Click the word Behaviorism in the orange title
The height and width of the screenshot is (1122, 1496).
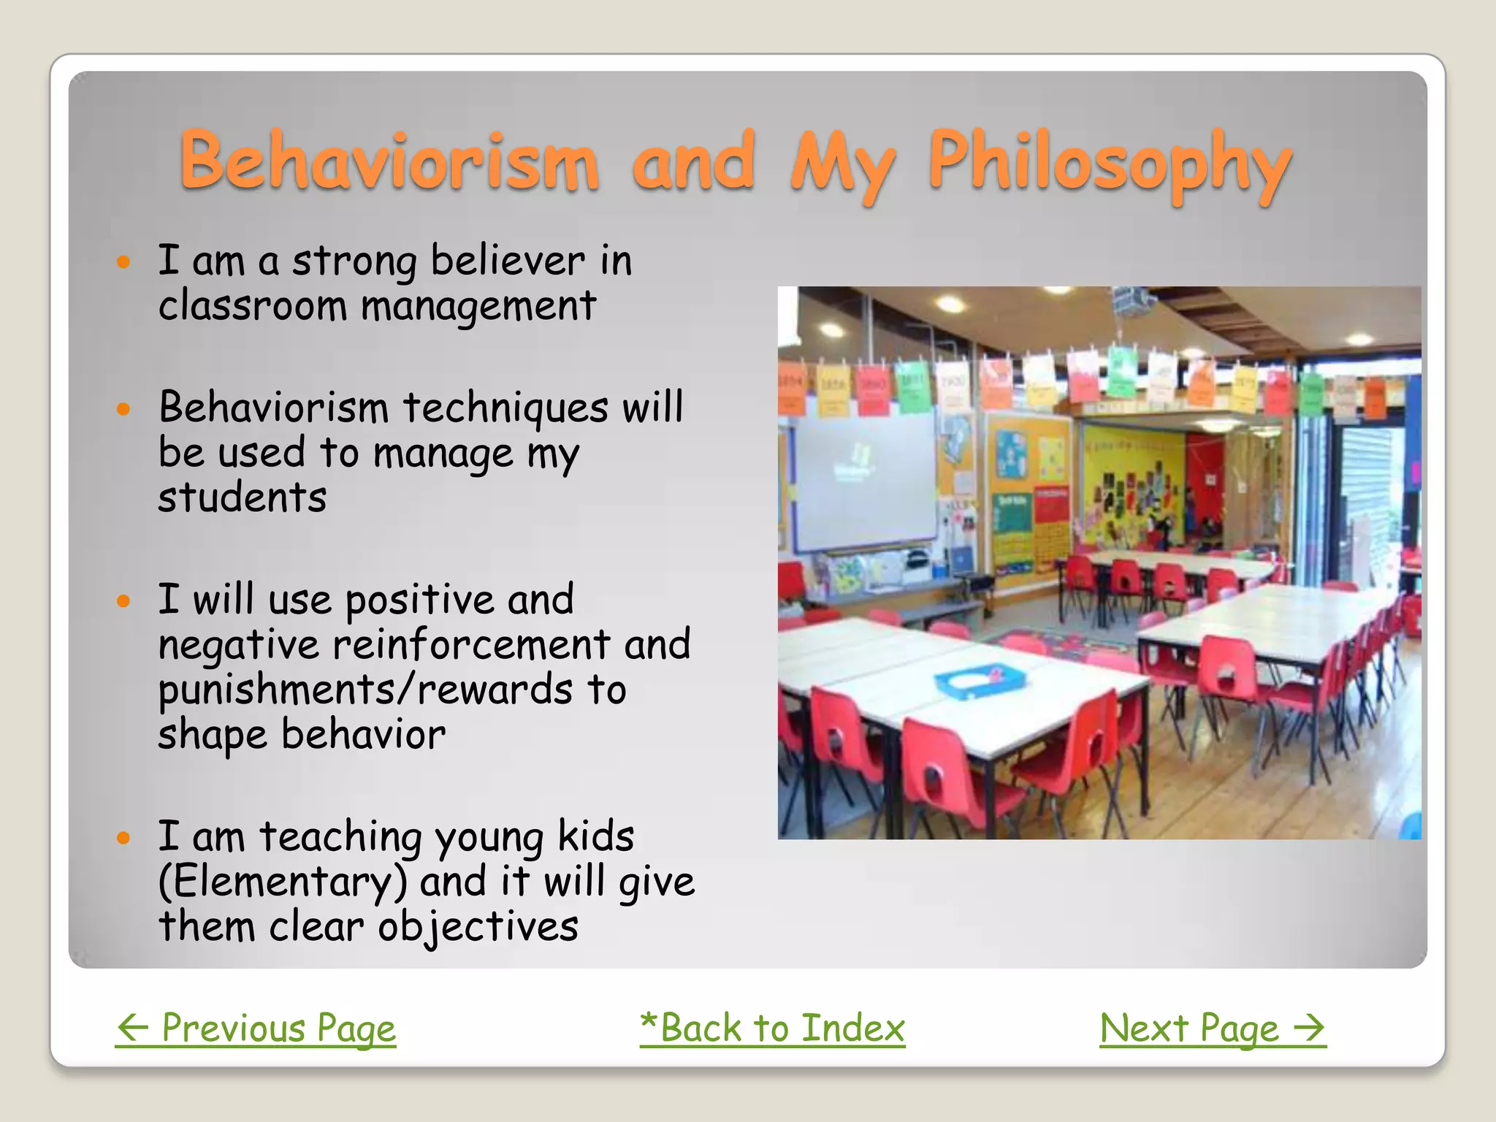tap(389, 161)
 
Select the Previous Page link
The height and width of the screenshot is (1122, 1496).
tap(256, 1028)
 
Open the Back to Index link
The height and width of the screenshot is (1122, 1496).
tap(772, 1028)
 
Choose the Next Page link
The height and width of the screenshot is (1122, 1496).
tap(1213, 1028)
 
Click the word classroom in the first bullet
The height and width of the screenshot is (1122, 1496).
tap(252, 305)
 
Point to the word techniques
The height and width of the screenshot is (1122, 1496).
tap(505, 408)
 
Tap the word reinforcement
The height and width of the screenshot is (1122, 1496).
tap(471, 644)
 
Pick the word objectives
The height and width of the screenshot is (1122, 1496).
tap(478, 927)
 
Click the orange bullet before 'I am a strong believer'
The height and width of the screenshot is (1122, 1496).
tap(123, 262)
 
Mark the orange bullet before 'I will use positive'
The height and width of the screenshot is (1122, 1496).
tap(123, 601)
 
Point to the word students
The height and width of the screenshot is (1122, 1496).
tap(242, 498)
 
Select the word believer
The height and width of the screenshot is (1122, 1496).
tap(508, 261)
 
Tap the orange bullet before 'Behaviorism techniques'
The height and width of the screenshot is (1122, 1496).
tap(123, 408)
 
